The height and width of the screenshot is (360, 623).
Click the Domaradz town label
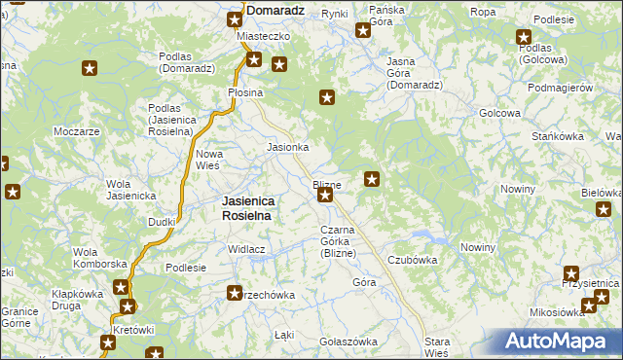coord(277,11)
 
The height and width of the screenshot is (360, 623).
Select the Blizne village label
coord(326,184)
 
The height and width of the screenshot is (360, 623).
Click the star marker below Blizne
coord(325,196)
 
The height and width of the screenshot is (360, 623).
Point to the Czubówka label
coord(412,260)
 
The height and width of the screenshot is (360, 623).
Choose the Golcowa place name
coord(499,113)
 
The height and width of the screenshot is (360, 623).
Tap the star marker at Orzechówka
coord(234,292)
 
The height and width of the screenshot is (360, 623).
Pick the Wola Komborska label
coord(100,258)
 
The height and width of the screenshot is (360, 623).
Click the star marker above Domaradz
coord(235,18)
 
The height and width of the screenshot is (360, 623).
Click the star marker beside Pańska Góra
coord(362,30)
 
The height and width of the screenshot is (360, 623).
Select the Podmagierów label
coord(560,88)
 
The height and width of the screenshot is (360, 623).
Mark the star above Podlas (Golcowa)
coord(524,37)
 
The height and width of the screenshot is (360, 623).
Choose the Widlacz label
coord(247,249)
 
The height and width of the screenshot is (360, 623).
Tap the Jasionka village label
coord(288,147)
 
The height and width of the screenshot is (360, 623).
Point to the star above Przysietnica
coord(571,274)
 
